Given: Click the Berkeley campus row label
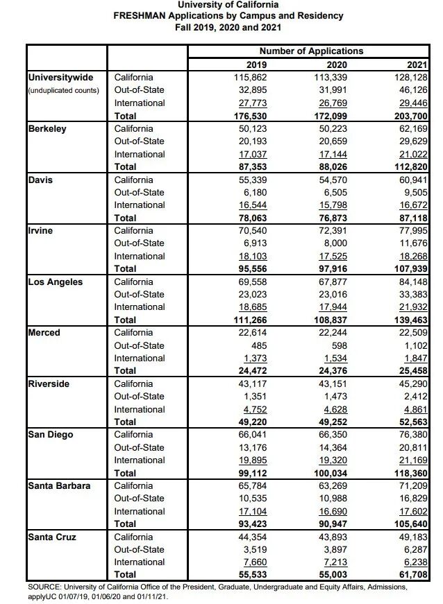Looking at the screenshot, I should [47, 129].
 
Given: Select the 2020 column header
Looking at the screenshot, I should [332, 64].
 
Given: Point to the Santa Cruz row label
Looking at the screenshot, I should [52, 537].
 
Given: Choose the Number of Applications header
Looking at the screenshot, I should [311, 51].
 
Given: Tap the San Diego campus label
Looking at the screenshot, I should [51, 435].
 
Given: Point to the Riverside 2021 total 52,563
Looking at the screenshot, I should [413, 422].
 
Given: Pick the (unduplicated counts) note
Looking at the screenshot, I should [64, 91].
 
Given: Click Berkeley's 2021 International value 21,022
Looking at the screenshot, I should [413, 155].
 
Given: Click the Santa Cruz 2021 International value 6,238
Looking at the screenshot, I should [416, 562].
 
